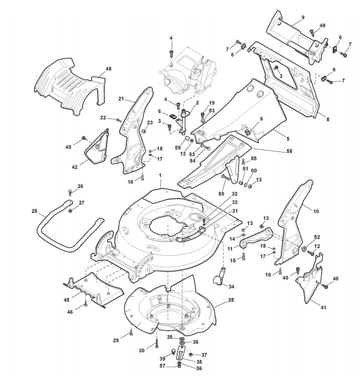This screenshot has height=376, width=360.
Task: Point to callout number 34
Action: [231, 287]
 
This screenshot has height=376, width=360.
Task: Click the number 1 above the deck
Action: [160, 175]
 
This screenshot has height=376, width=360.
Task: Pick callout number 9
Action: [303, 18]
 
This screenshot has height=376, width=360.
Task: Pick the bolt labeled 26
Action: [70, 193]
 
